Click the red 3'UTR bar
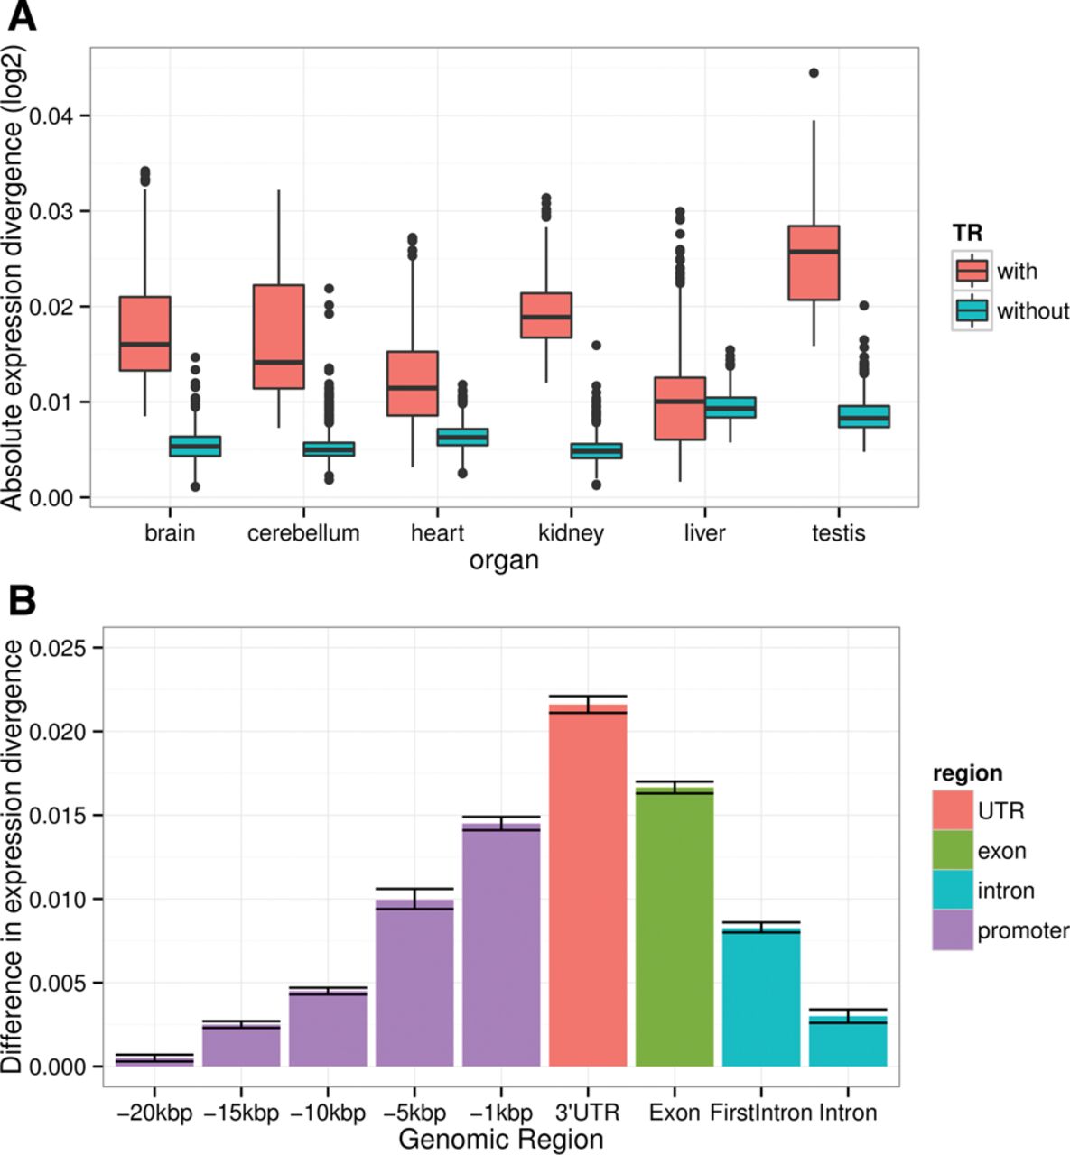point(588,884)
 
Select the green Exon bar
point(675,925)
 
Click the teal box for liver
point(730,407)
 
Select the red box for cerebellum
point(278,337)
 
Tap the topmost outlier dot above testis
point(814,73)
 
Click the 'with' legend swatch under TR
point(972,271)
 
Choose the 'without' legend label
point(1033,311)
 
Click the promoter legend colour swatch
point(953,930)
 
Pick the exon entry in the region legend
point(1001,851)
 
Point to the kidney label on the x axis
point(571,533)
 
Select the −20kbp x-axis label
point(154,1113)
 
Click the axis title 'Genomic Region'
point(501,1139)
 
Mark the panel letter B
point(22,600)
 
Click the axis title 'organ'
point(504,560)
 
